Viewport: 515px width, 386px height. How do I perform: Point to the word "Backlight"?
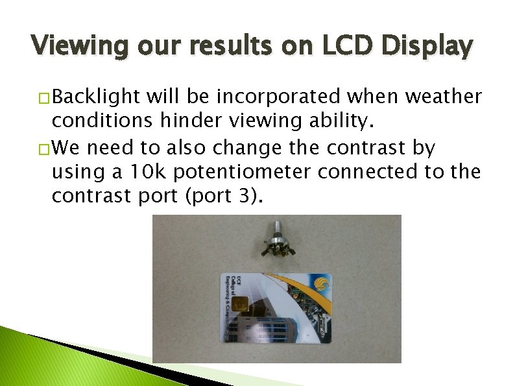96,97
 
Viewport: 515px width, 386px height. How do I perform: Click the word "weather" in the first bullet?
444,97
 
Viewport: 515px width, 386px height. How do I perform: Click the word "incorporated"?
280,97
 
